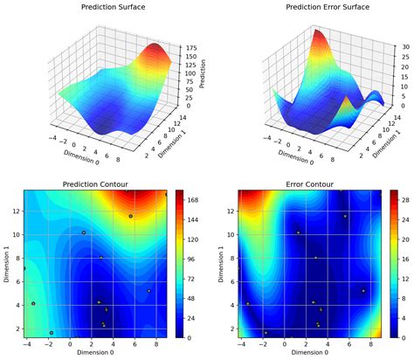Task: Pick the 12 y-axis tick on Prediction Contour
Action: coord(17,211)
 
